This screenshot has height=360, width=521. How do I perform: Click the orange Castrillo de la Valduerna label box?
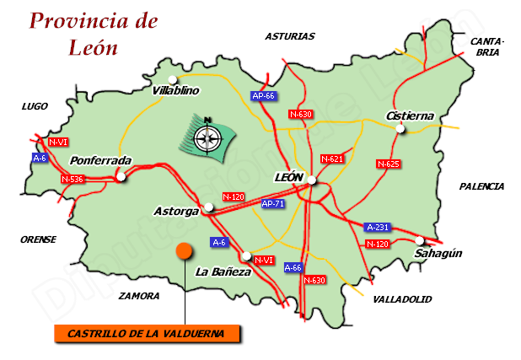pyautogui.click(x=146, y=333)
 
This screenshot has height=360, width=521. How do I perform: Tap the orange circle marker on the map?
pyautogui.click(x=185, y=251)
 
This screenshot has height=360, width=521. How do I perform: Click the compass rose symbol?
pyautogui.click(x=206, y=135)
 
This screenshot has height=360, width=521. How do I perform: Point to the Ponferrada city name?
pyautogui.click(x=101, y=160)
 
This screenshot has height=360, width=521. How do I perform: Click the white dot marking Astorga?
pyautogui.click(x=209, y=206)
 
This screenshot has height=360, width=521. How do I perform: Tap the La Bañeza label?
pyautogui.click(x=223, y=271)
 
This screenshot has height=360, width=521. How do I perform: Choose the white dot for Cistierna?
pyautogui.click(x=400, y=129)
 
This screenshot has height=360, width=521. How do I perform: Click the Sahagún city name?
pyautogui.click(x=439, y=253)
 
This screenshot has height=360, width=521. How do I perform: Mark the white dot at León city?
pyautogui.click(x=311, y=180)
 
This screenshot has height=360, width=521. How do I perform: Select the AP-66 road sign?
pyautogui.click(x=264, y=96)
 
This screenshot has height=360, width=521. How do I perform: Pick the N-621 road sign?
pyautogui.click(x=333, y=159)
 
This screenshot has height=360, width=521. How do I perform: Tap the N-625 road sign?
pyautogui.click(x=388, y=164)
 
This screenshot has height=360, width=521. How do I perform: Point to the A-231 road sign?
pyautogui.click(x=378, y=227)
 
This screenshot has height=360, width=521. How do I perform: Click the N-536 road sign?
pyautogui.click(x=73, y=179)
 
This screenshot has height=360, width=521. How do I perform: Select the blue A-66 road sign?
pyautogui.click(x=293, y=267)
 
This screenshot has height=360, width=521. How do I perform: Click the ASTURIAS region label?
pyautogui.click(x=289, y=36)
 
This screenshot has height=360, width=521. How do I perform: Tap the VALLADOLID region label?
pyautogui.click(x=402, y=298)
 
